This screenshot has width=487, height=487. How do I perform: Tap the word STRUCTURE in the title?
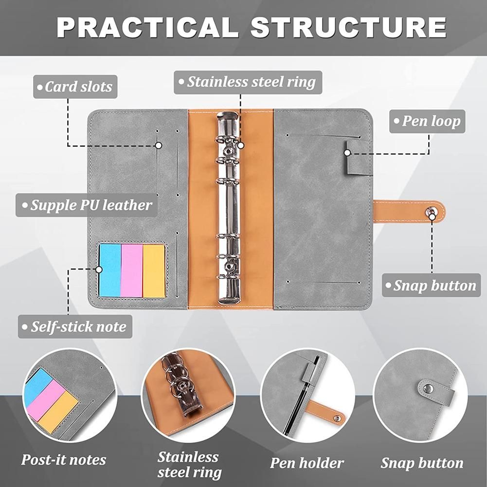pos(348,28)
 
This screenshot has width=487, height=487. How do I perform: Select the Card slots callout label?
pos(75,87)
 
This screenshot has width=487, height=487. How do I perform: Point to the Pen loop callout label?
pos(428,121)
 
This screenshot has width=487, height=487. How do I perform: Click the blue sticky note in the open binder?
pos(110,271)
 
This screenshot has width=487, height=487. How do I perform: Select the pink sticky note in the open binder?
pos(132,271)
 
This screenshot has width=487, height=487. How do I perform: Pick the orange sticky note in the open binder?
pos(154,271)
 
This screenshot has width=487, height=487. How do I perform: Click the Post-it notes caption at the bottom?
pos(63,460)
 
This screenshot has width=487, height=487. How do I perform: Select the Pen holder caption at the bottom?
pos(307,463)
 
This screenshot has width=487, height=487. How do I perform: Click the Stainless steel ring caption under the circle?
pos(189,464)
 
